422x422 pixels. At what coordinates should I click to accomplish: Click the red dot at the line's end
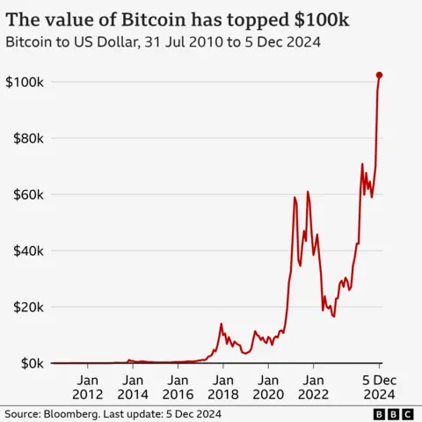click(x=379, y=76)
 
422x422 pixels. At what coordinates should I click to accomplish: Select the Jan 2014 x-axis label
click(x=132, y=387)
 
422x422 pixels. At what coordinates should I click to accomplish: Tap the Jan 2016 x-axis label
click(x=178, y=387)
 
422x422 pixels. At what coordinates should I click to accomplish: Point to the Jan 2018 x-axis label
click(x=222, y=387)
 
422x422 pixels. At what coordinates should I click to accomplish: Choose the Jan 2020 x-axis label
click(x=268, y=387)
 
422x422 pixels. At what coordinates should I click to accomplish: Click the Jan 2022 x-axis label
click(x=314, y=387)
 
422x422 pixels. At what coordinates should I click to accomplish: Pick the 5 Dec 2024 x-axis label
click(x=379, y=387)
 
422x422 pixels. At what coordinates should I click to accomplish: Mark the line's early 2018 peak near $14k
click(x=221, y=324)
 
